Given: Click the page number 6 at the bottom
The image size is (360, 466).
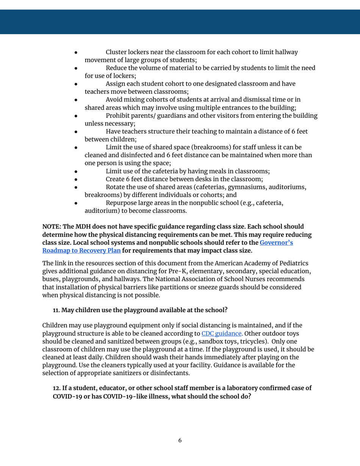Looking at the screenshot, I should [x=180, y=441].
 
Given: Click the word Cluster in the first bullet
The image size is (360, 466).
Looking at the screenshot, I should [x=118, y=52].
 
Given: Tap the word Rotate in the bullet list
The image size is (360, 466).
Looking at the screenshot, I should [x=116, y=187].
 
